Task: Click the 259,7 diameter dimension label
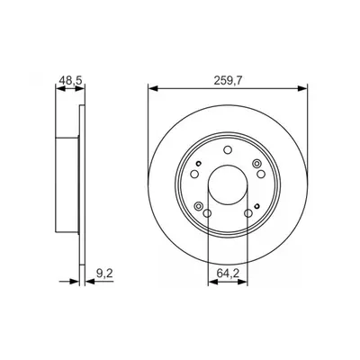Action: pyautogui.click(x=228, y=80)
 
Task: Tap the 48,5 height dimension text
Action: pyautogui.click(x=70, y=80)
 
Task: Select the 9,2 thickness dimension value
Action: pyautogui.click(x=104, y=274)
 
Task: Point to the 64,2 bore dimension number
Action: pyautogui.click(x=228, y=274)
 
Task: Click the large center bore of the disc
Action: pyautogui.click(x=228, y=185)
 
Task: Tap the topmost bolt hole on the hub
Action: pyautogui.click(x=228, y=149)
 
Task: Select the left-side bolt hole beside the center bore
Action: pyautogui.click(x=194, y=174)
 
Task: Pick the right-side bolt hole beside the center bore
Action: pyautogui.click(x=261, y=174)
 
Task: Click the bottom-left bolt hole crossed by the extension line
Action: pyautogui.click(x=207, y=213)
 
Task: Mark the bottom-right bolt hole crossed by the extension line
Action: pyautogui.click(x=248, y=213)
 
